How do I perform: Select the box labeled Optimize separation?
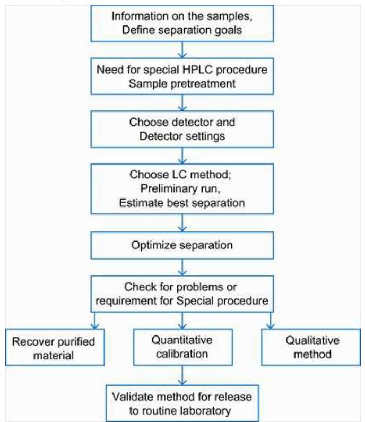click(182, 245)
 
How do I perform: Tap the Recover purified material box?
click(55, 347)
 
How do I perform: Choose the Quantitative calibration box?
click(183, 347)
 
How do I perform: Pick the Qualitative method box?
click(311, 347)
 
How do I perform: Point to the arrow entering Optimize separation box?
click(183, 223)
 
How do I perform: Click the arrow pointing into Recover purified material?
click(94, 321)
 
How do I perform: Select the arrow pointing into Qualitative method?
click(270, 321)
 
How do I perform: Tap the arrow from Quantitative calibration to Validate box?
click(183, 375)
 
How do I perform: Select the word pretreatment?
click(203, 84)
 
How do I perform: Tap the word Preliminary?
click(166, 188)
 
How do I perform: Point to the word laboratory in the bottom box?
click(205, 411)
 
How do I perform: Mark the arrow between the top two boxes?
click(183, 50)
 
